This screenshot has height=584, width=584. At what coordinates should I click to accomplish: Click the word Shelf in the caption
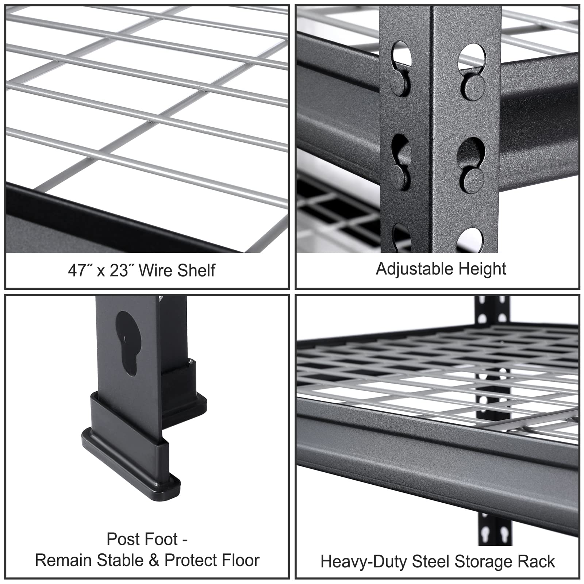coord(196,270)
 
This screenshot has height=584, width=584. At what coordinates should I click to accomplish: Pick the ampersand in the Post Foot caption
coord(154,560)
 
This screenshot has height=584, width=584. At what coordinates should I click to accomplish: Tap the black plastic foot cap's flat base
coord(131,471)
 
